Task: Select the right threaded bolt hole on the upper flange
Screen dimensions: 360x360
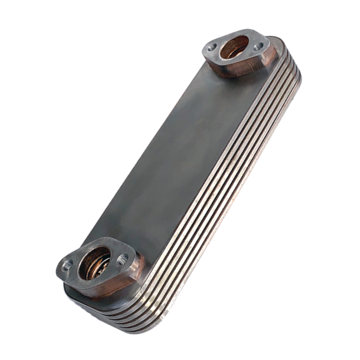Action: (x=257, y=46)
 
